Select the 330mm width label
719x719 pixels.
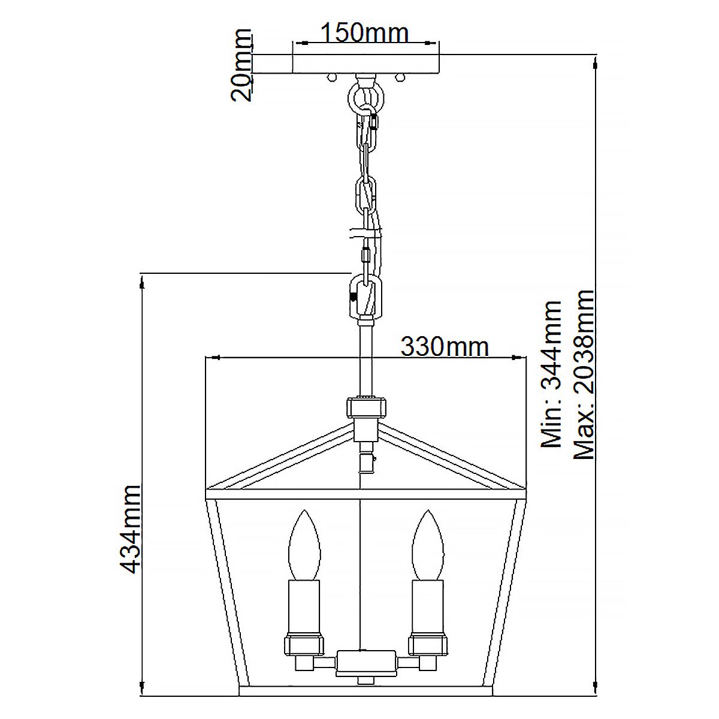click(444, 346)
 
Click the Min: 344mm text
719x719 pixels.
click(551, 374)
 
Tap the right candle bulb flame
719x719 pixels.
click(428, 543)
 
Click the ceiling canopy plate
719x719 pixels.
click(365, 65)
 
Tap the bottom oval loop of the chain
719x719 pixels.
click(365, 297)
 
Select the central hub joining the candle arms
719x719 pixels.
click(365, 662)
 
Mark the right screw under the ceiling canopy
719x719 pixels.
click(400, 77)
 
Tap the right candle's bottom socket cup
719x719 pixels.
click(428, 644)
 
